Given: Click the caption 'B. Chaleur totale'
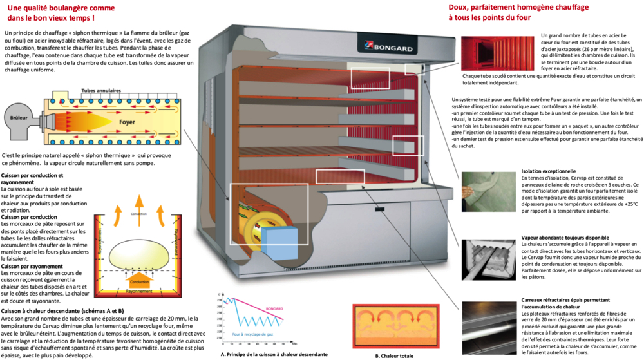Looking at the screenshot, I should [394, 355].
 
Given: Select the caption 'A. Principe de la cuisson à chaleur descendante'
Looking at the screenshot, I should [274, 354].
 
